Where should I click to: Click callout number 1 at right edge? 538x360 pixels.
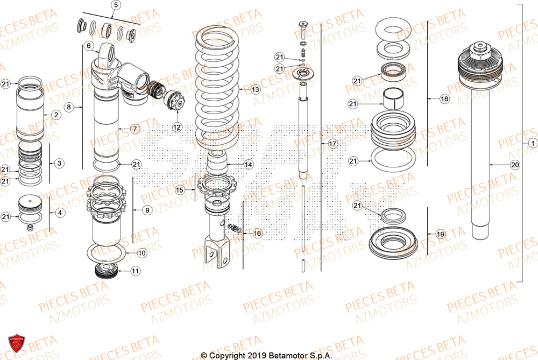click(532, 144)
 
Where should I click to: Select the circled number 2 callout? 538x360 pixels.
click(55, 115)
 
